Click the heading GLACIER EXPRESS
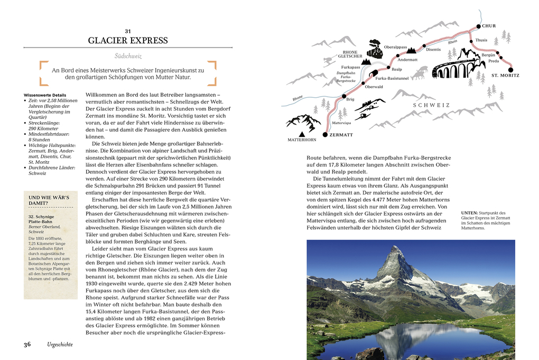[x=128, y=41]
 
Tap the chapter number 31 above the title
[x=128, y=31]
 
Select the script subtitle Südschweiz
[x=128, y=56]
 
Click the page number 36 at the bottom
[x=27, y=344]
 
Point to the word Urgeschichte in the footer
[x=60, y=345]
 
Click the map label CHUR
[x=489, y=25]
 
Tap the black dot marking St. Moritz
[x=510, y=69]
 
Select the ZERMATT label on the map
[x=341, y=135]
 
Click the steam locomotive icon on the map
[x=375, y=50]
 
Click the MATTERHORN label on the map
[x=302, y=140]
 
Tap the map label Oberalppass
[x=395, y=47]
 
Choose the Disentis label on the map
[x=433, y=50]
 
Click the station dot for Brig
[x=343, y=97]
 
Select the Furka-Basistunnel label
[x=392, y=78]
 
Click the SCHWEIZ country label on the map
[x=431, y=105]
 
